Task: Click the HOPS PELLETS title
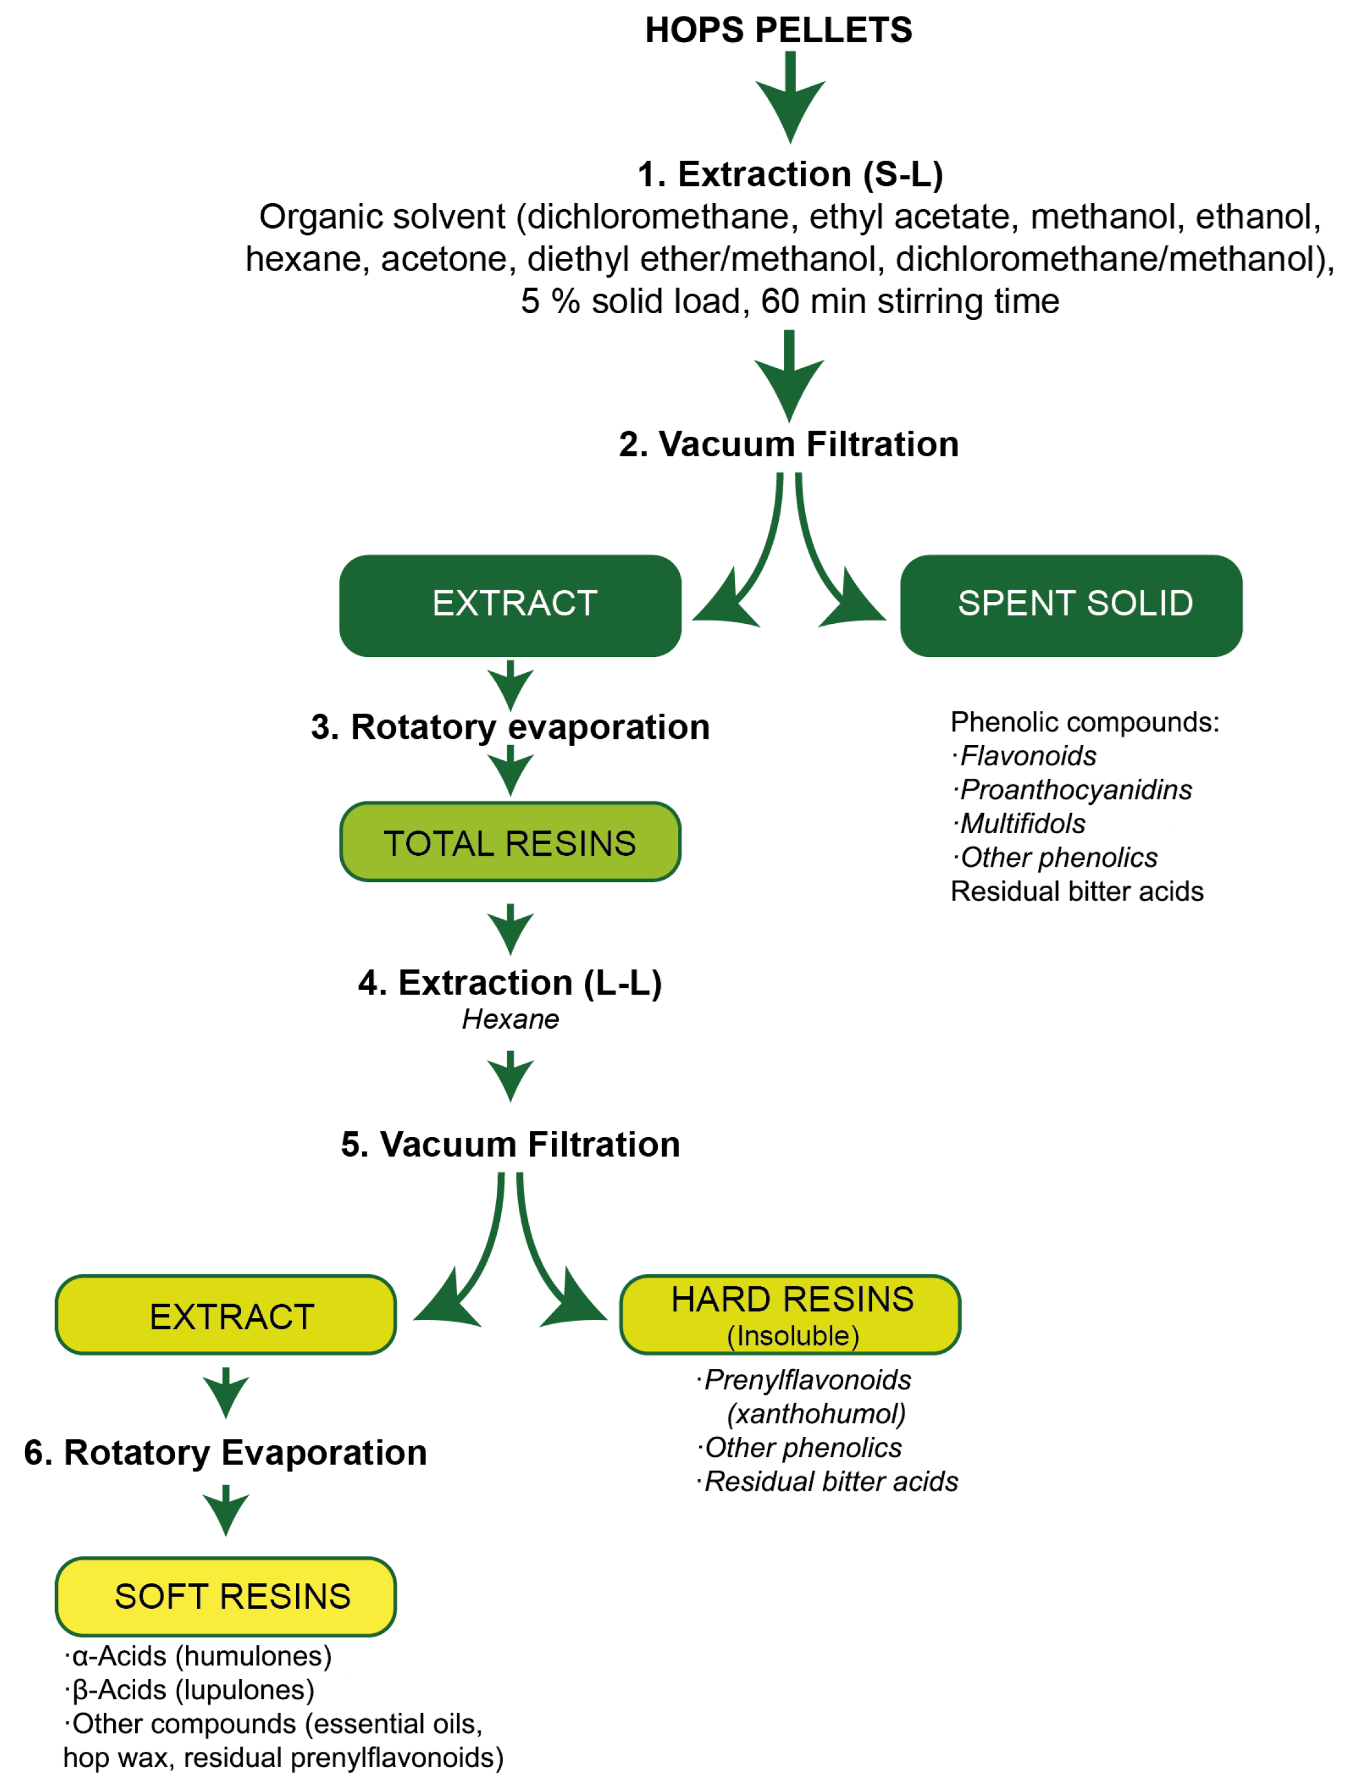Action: [778, 30]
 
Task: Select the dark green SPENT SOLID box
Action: [1071, 605]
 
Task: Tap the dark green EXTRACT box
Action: [510, 605]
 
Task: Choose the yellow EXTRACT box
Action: [225, 1315]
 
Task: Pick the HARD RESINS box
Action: [790, 1315]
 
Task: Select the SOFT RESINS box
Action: [225, 1596]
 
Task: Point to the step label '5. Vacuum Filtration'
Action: [510, 1144]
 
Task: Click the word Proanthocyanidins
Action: [1075, 790]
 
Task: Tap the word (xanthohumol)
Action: [816, 1414]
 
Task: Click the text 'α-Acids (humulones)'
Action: [201, 1656]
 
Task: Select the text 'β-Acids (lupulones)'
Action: [193, 1690]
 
